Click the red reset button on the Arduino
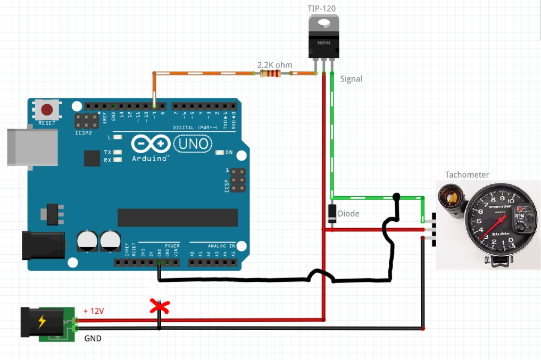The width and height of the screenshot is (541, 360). click(47, 110)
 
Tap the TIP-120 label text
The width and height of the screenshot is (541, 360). click(322, 8)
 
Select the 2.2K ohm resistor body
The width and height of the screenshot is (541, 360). click(270, 74)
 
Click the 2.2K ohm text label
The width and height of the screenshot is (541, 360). click(274, 65)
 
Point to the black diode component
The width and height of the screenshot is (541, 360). click(331, 213)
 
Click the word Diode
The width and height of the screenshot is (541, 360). click(349, 214)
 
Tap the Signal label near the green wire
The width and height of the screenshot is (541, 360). click(351, 79)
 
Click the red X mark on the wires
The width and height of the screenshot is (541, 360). click(160, 306)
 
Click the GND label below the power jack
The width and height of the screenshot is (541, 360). click(93, 338)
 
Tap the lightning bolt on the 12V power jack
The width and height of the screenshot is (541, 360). click(42, 322)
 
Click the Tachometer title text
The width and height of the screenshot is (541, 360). click(467, 174)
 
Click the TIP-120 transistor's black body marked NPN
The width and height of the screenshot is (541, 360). click(323, 45)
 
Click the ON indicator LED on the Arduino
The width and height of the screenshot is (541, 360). click(220, 153)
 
